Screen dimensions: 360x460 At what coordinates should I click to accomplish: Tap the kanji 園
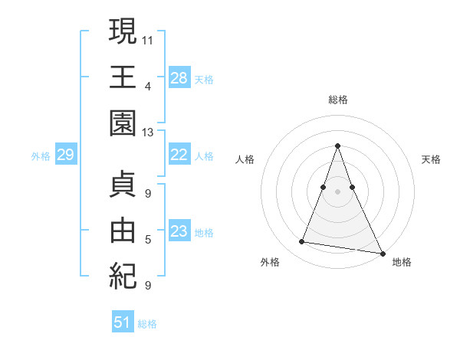point(123,123)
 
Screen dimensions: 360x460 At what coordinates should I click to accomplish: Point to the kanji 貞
point(123,183)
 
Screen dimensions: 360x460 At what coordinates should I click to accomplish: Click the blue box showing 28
point(179,78)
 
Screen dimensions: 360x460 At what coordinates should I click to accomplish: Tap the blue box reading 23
point(179,232)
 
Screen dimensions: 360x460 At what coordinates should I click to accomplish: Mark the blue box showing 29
point(65,155)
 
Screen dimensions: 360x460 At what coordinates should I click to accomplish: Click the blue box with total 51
point(123,322)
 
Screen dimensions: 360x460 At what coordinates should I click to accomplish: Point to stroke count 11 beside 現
point(148,39)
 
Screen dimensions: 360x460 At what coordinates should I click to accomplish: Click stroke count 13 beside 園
point(148,133)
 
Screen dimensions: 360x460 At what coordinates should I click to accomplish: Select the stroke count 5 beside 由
point(148,240)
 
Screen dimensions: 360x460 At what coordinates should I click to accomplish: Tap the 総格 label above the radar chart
point(337,100)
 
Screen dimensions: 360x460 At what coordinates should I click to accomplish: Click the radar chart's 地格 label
point(402,262)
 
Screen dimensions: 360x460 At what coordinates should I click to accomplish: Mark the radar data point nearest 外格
point(302,242)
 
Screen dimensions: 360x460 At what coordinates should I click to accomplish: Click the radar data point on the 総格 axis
point(337,146)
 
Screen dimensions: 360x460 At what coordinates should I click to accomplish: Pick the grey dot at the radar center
point(337,191)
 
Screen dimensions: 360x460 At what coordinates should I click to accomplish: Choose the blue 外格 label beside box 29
point(41,156)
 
